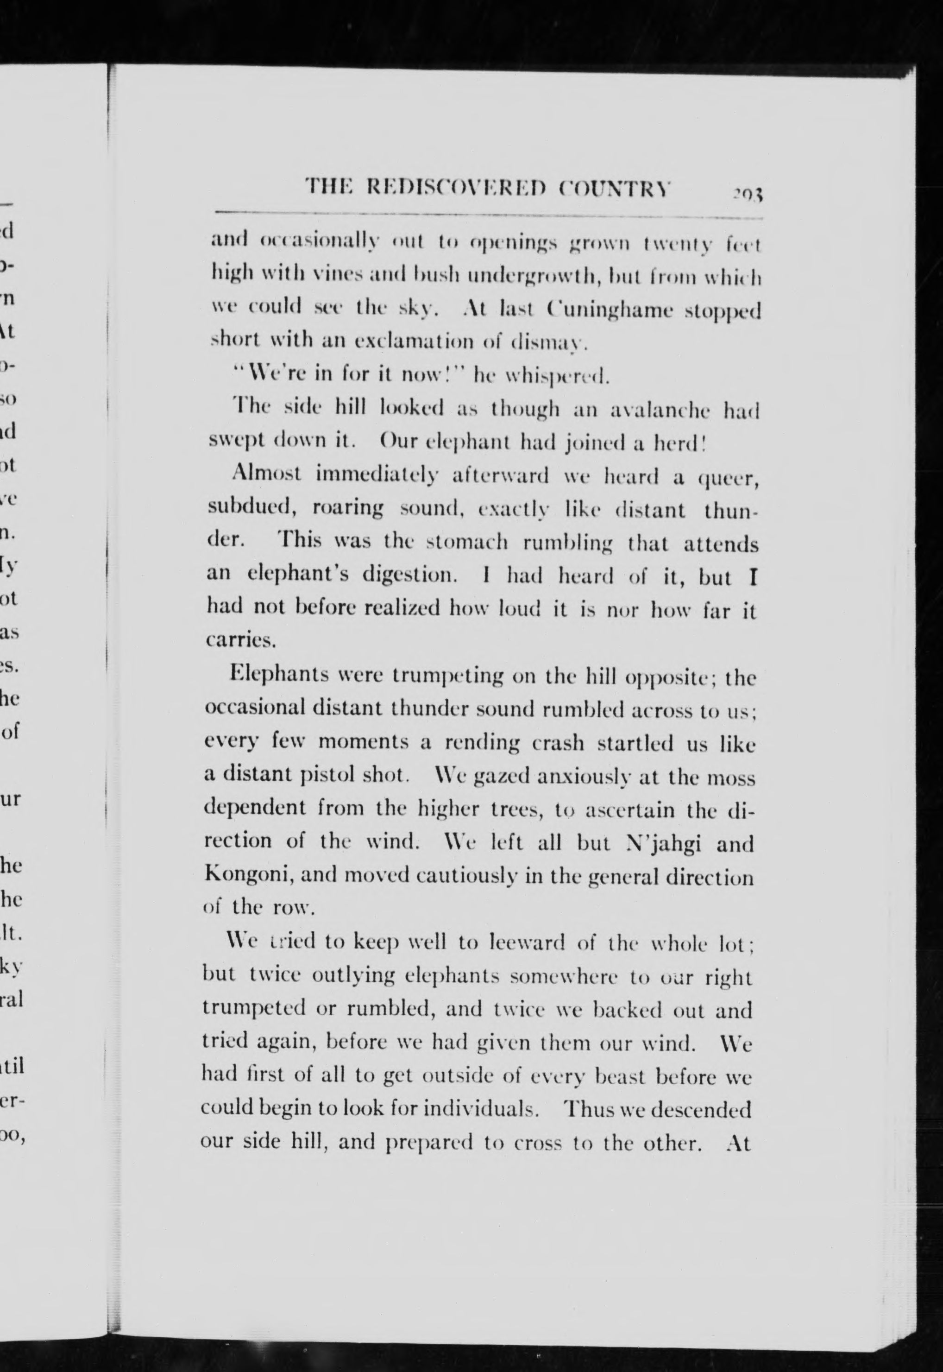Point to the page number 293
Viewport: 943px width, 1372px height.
click(748, 193)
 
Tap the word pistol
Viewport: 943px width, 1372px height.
click(323, 774)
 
